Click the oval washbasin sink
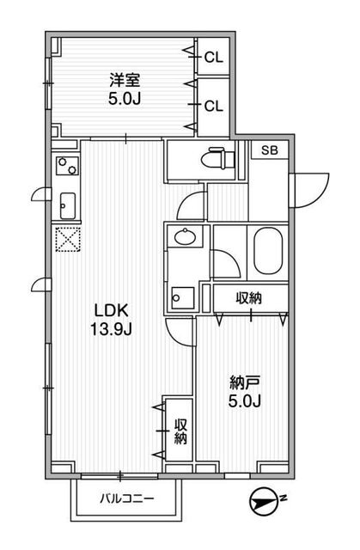pyautogui.click(x=185, y=237)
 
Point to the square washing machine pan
pyautogui.click(x=180, y=297)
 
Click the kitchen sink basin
pyautogui.click(x=66, y=206)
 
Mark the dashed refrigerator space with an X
pyautogui.click(x=66, y=241)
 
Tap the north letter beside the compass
pyautogui.click(x=284, y=497)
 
